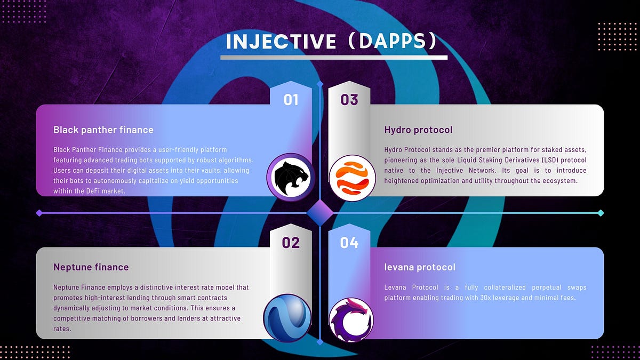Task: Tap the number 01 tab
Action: [291, 100]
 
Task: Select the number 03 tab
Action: [349, 100]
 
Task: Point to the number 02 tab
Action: [291, 243]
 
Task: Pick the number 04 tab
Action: [349, 243]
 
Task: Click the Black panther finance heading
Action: [103, 130]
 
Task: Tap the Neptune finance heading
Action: [91, 267]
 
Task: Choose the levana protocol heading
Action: [420, 267]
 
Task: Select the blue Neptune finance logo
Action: [287, 319]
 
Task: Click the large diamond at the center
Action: [320, 213]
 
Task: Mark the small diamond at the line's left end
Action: [38, 213]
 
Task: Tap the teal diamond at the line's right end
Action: [601, 213]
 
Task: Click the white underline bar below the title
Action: [334, 57]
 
